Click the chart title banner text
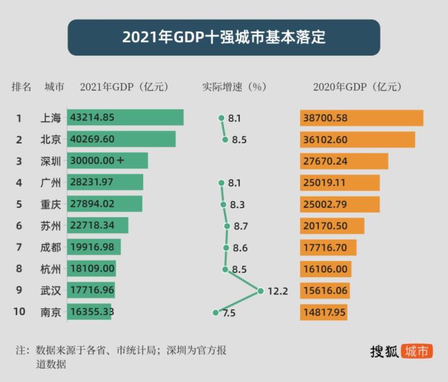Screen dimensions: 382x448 pyautogui.click(x=224, y=37)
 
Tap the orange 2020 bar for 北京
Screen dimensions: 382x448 pyautogui.click(x=357, y=139)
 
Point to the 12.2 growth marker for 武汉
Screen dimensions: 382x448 pyautogui.click(x=261, y=291)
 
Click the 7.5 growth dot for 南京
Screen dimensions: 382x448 pyautogui.click(x=215, y=312)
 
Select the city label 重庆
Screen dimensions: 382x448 pyautogui.click(x=51, y=204)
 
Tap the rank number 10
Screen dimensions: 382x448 pyautogui.click(x=19, y=312)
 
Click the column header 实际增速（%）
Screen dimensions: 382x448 pyautogui.click(x=234, y=87)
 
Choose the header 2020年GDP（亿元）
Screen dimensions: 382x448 pyautogui.click(x=357, y=87)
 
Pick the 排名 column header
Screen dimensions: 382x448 pyautogui.click(x=21, y=87)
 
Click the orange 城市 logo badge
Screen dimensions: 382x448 pyautogui.click(x=418, y=351)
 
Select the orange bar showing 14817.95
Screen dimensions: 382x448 pyautogui.click(x=323, y=312)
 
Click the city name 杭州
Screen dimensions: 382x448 pyautogui.click(x=51, y=269)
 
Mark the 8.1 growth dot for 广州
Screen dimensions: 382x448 pyautogui.click(x=222, y=182)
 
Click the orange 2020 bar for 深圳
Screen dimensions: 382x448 pyautogui.click(x=344, y=160)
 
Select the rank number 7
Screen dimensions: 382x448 pyautogui.click(x=19, y=247)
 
